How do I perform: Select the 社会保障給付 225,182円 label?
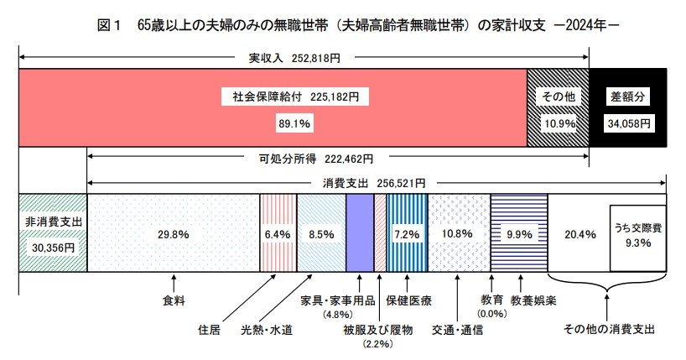[295, 97]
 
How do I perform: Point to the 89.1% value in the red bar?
[295, 123]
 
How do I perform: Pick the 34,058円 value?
[628, 123]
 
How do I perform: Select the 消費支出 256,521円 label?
[374, 182]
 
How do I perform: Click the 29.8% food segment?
[173, 233]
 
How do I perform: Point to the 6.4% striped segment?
[277, 233]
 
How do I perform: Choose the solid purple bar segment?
[359, 233]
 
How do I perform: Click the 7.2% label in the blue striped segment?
[407, 233]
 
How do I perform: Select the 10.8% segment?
[459, 233]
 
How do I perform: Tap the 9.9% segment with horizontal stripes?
[519, 233]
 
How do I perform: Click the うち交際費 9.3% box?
[637, 234]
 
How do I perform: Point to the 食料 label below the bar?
[174, 300]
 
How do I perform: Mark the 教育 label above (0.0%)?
[492, 300]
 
